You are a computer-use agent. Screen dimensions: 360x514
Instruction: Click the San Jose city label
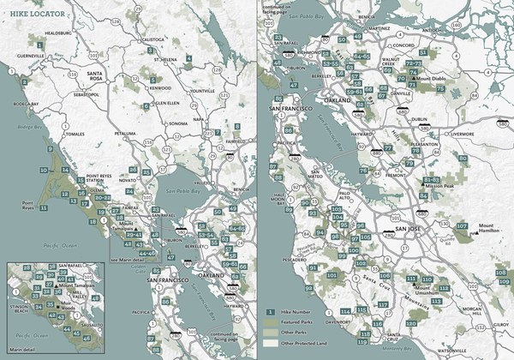pos(401,230)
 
